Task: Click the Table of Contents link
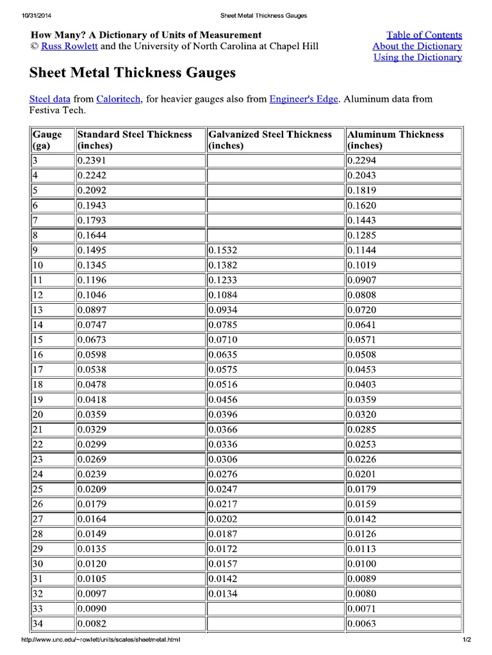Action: click(424, 35)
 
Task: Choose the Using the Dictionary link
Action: click(418, 58)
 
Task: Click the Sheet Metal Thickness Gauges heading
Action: click(133, 73)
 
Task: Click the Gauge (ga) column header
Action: click(47, 139)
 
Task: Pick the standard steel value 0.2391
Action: click(92, 161)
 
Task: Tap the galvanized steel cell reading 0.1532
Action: click(223, 250)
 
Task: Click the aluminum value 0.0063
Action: click(361, 624)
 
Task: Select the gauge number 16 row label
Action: click(38, 355)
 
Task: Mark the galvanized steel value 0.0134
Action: click(223, 594)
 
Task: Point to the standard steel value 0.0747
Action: click(92, 325)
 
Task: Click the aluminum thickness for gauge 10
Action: click(361, 265)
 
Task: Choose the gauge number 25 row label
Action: click(38, 489)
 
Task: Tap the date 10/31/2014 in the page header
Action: click(36, 15)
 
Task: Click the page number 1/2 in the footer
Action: click(466, 640)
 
